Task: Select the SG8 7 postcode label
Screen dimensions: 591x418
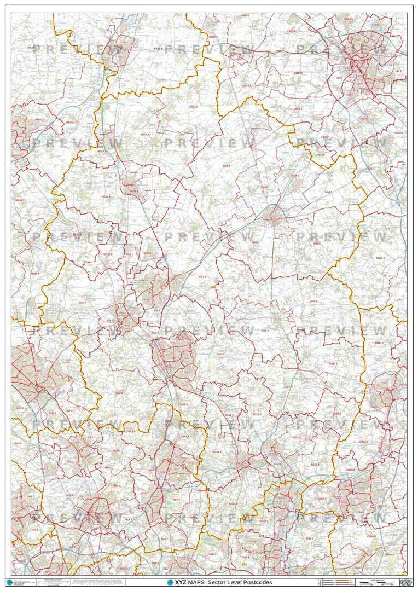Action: click(328, 192)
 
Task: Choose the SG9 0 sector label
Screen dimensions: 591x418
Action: click(313, 301)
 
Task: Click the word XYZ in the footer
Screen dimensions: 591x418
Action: click(180, 582)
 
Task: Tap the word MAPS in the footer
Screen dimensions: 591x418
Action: click(196, 582)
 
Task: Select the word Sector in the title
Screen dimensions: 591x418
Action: click(218, 582)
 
